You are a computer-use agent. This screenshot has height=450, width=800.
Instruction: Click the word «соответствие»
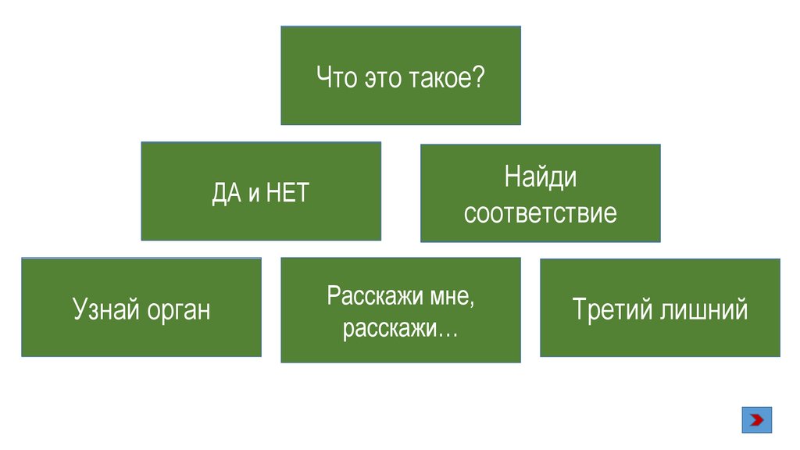540,212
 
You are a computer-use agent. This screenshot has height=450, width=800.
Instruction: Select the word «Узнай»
106,309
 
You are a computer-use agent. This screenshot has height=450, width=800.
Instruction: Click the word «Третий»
611,309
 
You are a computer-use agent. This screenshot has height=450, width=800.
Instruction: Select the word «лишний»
703,309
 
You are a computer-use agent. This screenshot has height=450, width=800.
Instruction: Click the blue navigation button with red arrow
756,420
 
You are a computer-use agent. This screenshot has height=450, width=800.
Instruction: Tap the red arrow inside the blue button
756,420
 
